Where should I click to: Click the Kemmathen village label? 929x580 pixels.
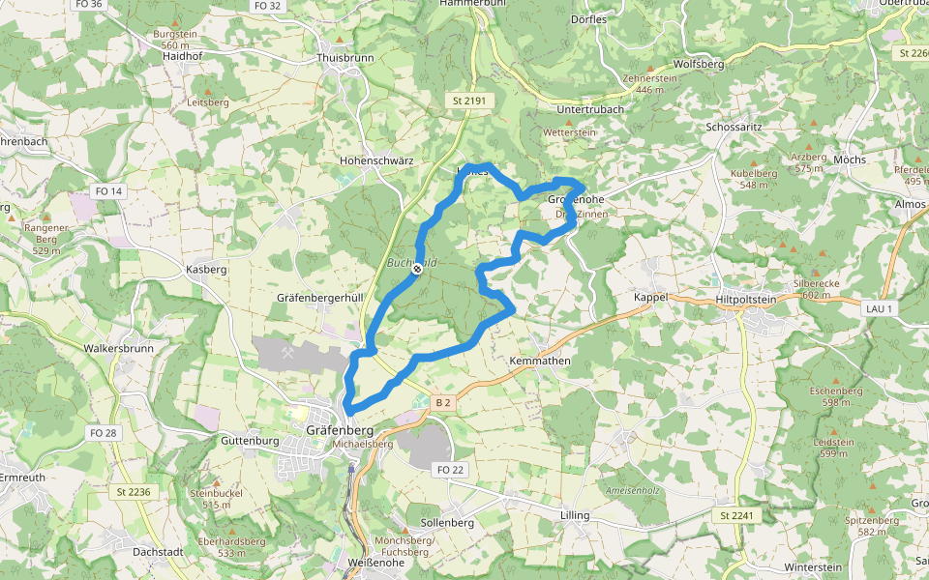click(x=540, y=361)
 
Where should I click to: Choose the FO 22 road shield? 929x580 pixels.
click(x=451, y=470)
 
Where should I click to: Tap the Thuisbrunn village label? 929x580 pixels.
click(x=345, y=58)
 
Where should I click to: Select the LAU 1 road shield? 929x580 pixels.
click(x=878, y=307)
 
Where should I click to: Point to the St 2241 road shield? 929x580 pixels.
click(x=734, y=516)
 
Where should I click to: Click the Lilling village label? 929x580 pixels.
click(x=575, y=515)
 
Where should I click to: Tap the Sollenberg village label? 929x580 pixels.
click(x=447, y=522)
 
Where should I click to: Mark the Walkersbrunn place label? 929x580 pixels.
click(x=118, y=348)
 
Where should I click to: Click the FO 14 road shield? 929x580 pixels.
click(x=109, y=191)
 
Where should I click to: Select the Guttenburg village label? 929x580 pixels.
click(x=250, y=441)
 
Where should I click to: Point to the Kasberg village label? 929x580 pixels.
click(x=205, y=270)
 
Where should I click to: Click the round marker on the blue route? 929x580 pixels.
click(x=416, y=270)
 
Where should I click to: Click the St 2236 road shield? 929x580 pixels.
click(x=134, y=492)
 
